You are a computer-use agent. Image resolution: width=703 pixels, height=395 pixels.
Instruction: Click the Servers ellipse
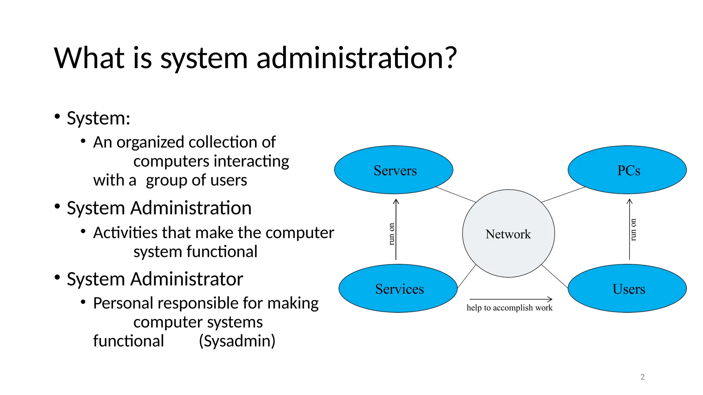coord(393,170)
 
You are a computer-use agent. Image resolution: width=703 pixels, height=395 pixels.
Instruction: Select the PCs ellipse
coord(627,170)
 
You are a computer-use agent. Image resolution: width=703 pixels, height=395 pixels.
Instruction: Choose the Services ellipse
coord(398,288)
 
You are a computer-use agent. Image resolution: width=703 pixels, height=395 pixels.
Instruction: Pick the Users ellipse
coord(627,288)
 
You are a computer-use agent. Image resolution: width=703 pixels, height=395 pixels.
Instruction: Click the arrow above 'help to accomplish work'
coord(510,299)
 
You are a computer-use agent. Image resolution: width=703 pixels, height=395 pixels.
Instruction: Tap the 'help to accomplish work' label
coord(509,308)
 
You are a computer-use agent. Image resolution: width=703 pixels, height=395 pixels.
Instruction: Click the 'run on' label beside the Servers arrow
coord(391,234)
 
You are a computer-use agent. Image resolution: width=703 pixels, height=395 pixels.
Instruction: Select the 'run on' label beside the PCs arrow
coord(633,230)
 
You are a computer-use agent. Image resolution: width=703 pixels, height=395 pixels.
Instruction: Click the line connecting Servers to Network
coord(456,194)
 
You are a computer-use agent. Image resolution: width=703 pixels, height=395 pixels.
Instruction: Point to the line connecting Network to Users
coord(554,276)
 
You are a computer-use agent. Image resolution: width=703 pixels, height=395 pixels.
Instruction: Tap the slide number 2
coord(642,377)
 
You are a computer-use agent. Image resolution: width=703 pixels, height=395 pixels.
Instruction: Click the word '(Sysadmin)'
coord(237,341)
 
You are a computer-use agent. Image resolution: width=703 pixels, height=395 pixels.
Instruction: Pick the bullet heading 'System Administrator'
coord(155,279)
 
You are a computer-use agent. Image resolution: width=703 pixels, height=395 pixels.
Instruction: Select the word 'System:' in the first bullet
coord(99,118)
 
